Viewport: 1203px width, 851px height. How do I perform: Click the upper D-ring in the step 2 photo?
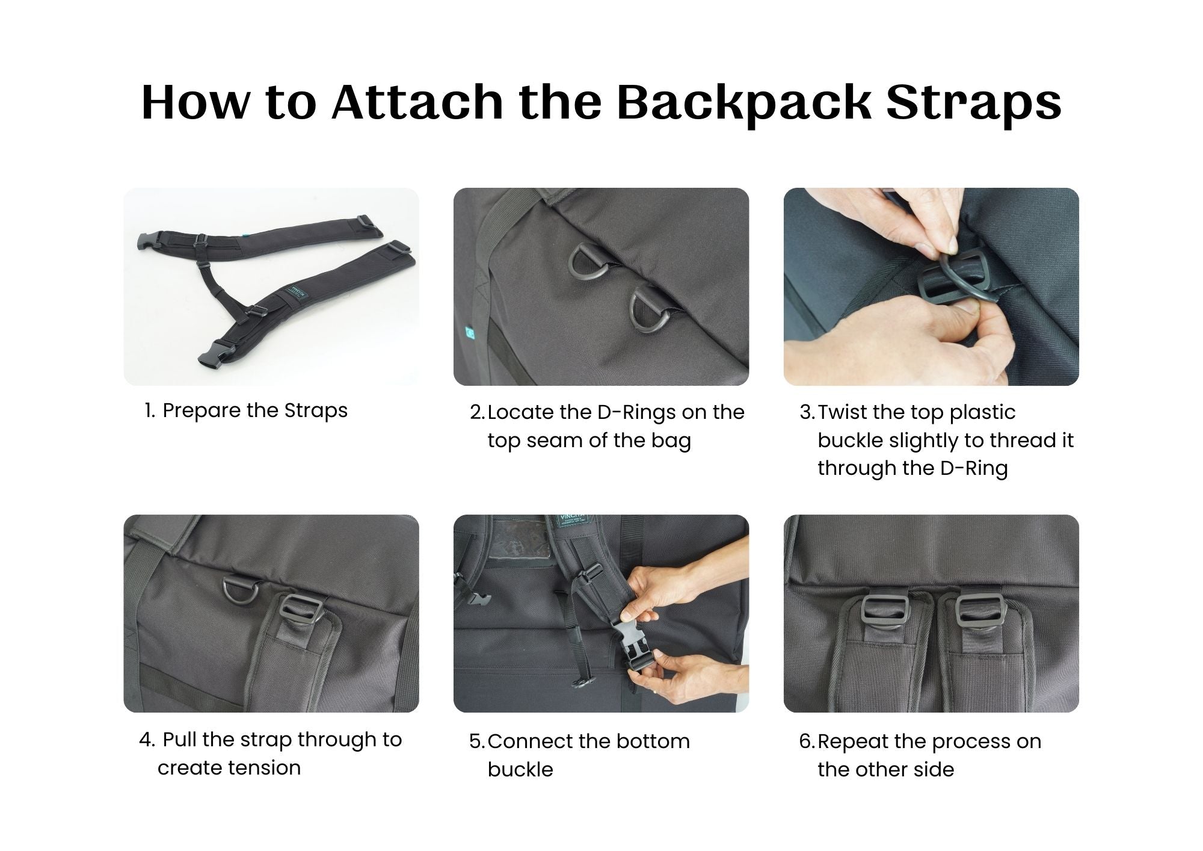pos(588,266)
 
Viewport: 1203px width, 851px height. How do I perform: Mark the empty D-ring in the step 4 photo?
pos(241,593)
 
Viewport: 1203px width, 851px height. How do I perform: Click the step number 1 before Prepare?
pos(149,411)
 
